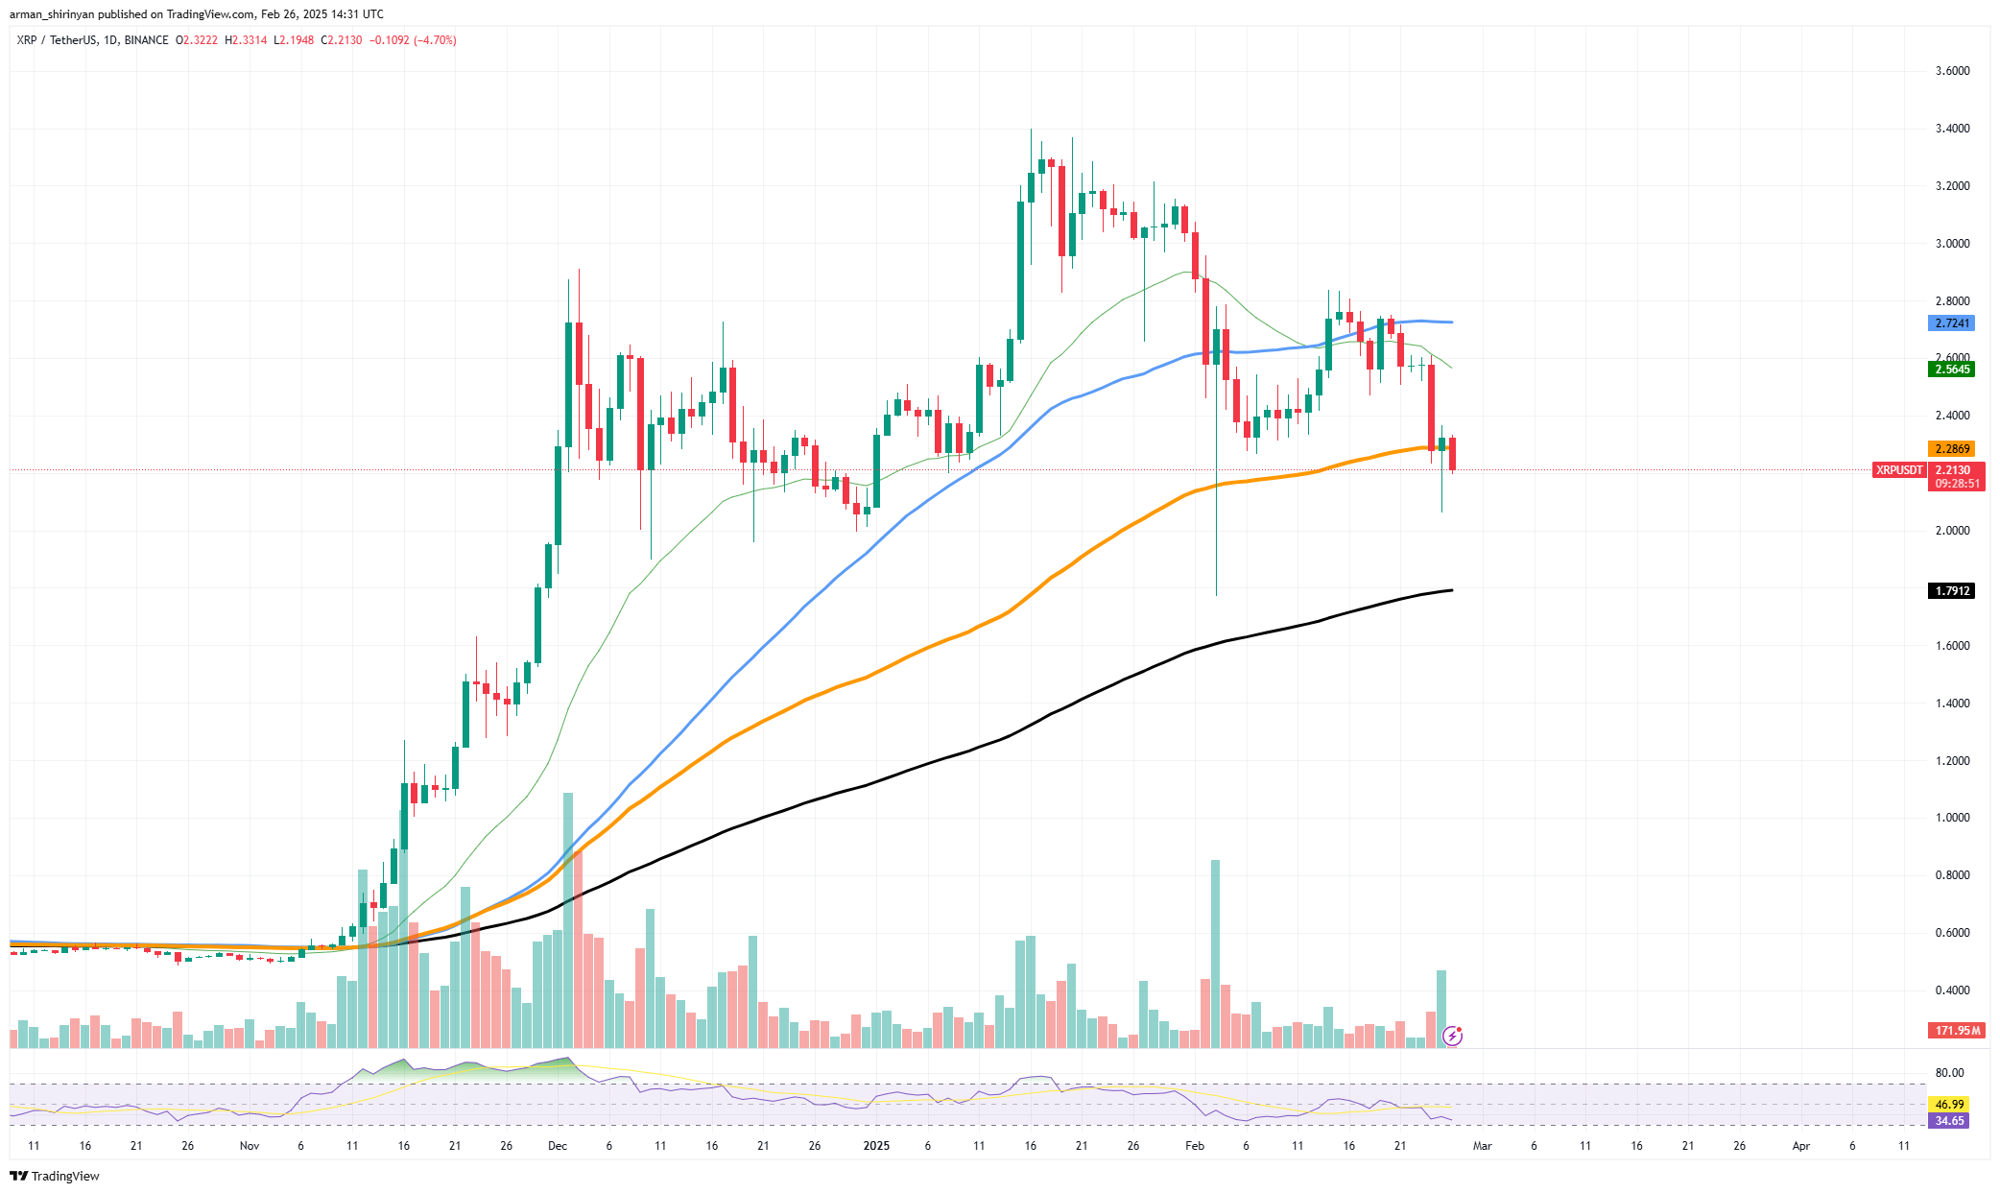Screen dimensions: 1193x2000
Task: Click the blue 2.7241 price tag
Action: (1951, 323)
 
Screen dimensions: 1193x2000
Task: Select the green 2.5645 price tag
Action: (1951, 370)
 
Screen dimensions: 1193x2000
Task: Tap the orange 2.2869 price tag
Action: (1951, 449)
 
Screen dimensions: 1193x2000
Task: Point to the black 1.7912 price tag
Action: (1951, 591)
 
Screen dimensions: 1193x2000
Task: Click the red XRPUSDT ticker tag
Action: (1899, 470)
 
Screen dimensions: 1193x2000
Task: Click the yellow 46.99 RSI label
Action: (1949, 1105)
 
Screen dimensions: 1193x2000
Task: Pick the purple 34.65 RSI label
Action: (1949, 1121)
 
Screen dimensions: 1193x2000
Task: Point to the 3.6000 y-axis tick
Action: (1952, 71)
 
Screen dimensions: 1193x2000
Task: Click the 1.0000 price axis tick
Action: (1952, 818)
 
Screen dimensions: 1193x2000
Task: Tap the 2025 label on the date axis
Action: (876, 1146)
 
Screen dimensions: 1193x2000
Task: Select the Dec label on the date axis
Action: (558, 1146)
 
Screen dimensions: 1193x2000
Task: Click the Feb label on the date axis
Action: (1195, 1146)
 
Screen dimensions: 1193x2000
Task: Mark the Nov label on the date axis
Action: (250, 1146)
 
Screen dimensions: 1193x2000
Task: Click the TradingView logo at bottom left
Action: (55, 1176)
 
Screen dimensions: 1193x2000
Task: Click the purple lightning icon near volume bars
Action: (1452, 1036)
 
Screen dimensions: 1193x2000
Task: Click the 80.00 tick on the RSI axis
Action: (1949, 1073)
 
